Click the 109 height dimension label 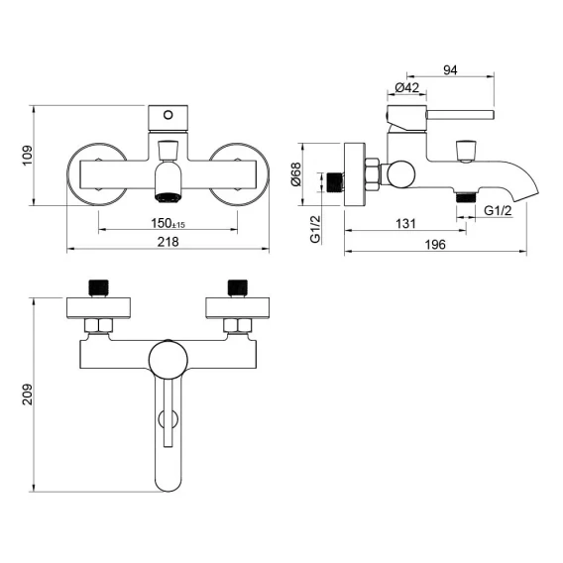(28, 155)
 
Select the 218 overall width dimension (168, 242)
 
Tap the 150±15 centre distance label (168, 223)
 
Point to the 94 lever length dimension (450, 70)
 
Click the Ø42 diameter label (406, 87)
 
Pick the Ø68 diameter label (296, 174)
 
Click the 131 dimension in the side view (405, 224)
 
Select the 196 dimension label (435, 245)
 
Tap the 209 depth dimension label (28, 394)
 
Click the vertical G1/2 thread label (315, 229)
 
